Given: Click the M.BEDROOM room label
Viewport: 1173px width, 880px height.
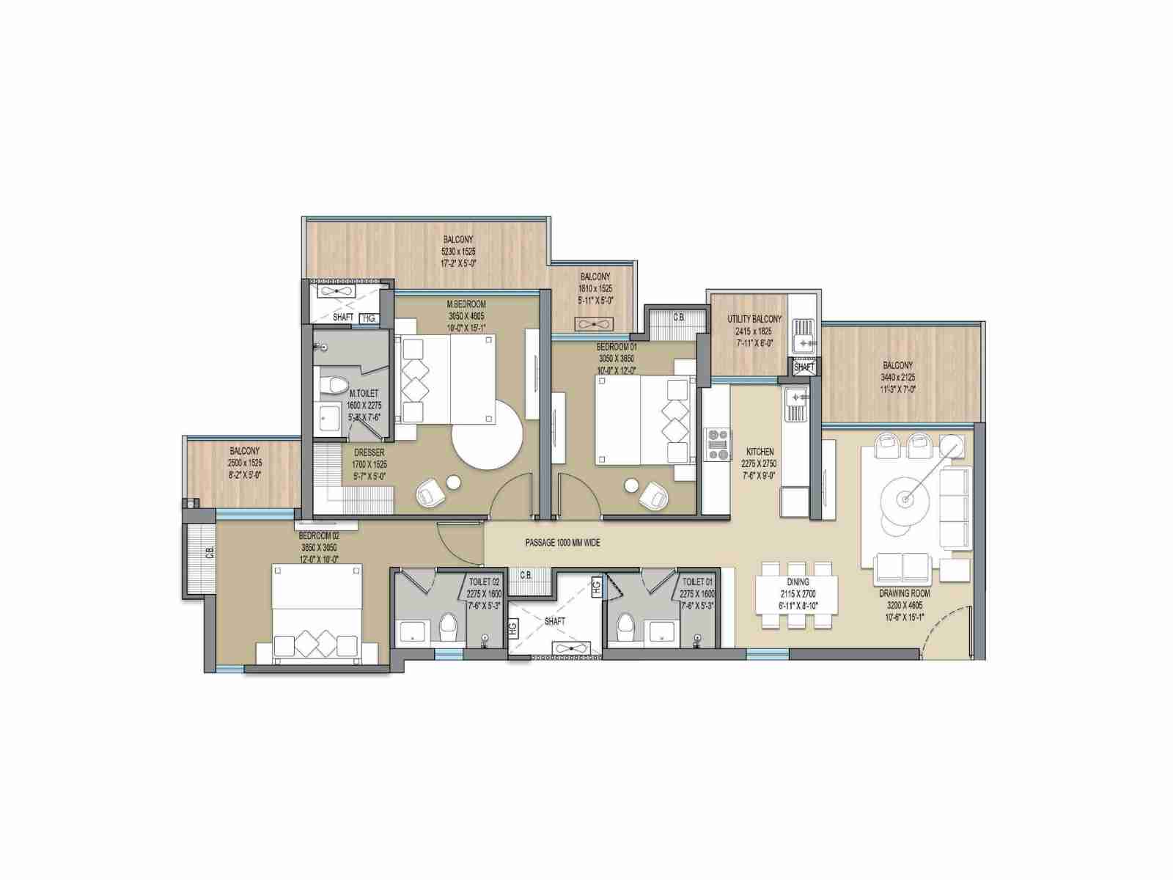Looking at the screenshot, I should (x=466, y=304).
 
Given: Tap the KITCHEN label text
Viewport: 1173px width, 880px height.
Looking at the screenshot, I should (x=760, y=452).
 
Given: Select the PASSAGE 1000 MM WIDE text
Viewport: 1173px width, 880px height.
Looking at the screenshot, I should (x=562, y=543).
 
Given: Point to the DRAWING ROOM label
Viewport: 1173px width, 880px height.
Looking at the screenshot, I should (x=904, y=593).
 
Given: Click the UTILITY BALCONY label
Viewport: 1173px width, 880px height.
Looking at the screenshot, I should (x=754, y=319).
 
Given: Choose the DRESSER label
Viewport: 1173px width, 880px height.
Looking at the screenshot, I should (x=369, y=452).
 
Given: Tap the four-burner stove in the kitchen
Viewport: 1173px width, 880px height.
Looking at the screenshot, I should (x=718, y=444).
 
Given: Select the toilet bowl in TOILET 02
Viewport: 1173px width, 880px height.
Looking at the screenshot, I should (x=448, y=627).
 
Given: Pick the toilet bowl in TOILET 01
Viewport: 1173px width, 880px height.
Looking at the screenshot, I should (x=625, y=627).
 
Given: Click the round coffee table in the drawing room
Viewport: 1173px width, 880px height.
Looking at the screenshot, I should (x=907, y=499).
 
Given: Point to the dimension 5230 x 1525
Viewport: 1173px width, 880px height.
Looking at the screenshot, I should (x=458, y=251).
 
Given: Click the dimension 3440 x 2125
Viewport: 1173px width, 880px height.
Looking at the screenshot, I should (x=897, y=378).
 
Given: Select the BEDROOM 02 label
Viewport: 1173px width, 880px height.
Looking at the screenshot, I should (x=319, y=536).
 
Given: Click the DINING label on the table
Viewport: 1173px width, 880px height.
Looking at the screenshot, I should (x=798, y=582).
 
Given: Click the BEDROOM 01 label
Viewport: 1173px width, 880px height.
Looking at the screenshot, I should (x=617, y=347).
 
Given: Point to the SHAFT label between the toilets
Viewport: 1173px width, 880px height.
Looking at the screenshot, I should (x=555, y=621).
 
